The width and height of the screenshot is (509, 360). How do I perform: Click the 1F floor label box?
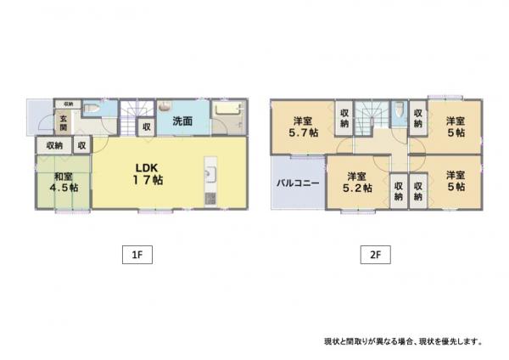(137, 255)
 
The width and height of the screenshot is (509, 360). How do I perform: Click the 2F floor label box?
(375, 255)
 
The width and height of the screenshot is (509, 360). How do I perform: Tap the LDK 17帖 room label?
(148, 174)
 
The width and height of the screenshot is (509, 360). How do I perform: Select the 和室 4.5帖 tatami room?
(64, 182)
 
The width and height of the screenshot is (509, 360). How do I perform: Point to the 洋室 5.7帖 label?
(303, 127)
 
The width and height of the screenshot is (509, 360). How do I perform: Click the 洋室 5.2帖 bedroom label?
(357, 183)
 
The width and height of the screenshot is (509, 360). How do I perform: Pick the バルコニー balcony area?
(298, 183)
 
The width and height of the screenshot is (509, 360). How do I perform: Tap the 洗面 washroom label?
(182, 121)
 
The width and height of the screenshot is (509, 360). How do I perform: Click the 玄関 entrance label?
(64, 123)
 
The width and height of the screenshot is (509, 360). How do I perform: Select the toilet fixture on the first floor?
(92, 109)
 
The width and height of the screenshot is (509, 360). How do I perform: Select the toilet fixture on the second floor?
(399, 110)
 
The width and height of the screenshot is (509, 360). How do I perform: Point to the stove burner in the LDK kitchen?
(210, 199)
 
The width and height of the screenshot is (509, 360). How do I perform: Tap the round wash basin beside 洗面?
(165, 106)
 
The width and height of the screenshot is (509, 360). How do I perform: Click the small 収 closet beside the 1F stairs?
(147, 127)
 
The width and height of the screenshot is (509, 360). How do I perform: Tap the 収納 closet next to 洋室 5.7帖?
(344, 118)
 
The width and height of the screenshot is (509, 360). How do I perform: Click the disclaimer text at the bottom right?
(403, 341)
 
